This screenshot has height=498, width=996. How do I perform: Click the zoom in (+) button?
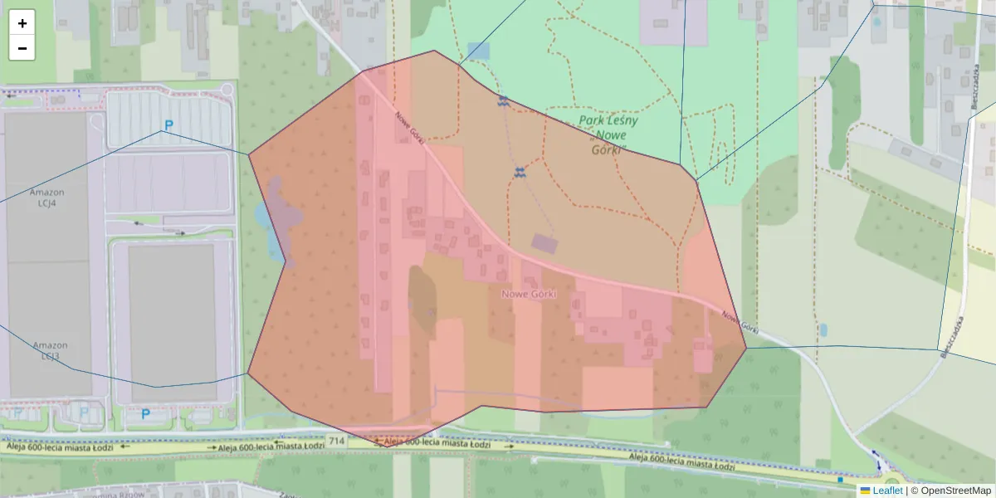pyautogui.click(x=22, y=23)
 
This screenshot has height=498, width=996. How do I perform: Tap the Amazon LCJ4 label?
pyautogui.click(x=46, y=198)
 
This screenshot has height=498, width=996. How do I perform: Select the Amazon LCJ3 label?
pyautogui.click(x=49, y=350)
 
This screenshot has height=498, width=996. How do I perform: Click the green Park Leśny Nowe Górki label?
pyautogui.click(x=608, y=135)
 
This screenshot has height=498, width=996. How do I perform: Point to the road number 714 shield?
pyautogui.click(x=335, y=440)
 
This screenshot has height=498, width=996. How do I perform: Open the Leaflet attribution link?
pyautogui.click(x=887, y=491)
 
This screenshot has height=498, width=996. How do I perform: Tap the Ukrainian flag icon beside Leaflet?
pyautogui.click(x=866, y=491)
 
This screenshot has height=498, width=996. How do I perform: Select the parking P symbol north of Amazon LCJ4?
pyautogui.click(x=168, y=126)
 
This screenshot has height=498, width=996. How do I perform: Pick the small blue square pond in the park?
pyautogui.click(x=479, y=51)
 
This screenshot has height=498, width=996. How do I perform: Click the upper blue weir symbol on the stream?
pyautogui.click(x=503, y=100)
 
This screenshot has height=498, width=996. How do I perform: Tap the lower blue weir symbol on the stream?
pyautogui.click(x=520, y=172)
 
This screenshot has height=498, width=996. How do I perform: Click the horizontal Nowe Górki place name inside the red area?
pyautogui.click(x=529, y=294)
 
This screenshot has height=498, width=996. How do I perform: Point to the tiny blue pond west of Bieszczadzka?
pyautogui.click(x=823, y=330)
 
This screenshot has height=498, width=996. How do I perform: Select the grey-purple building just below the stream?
pyautogui.click(x=544, y=243)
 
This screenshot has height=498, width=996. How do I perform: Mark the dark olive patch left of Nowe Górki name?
pyautogui.click(x=421, y=299)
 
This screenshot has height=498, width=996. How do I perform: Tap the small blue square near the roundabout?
pyautogui.click(x=839, y=479)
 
